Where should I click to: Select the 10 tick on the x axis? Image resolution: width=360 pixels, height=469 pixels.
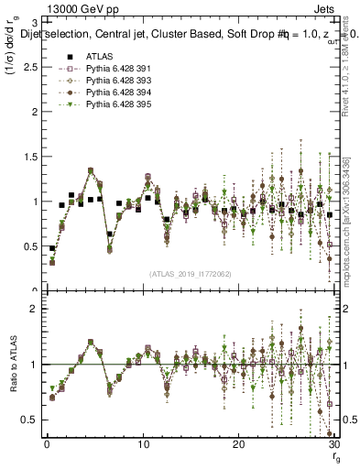click(x=143, y=445)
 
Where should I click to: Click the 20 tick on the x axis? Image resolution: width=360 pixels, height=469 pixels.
click(x=238, y=445)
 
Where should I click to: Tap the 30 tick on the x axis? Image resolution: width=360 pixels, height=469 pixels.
click(x=333, y=445)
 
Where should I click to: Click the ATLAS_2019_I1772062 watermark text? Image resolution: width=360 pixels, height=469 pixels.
click(x=190, y=273)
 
